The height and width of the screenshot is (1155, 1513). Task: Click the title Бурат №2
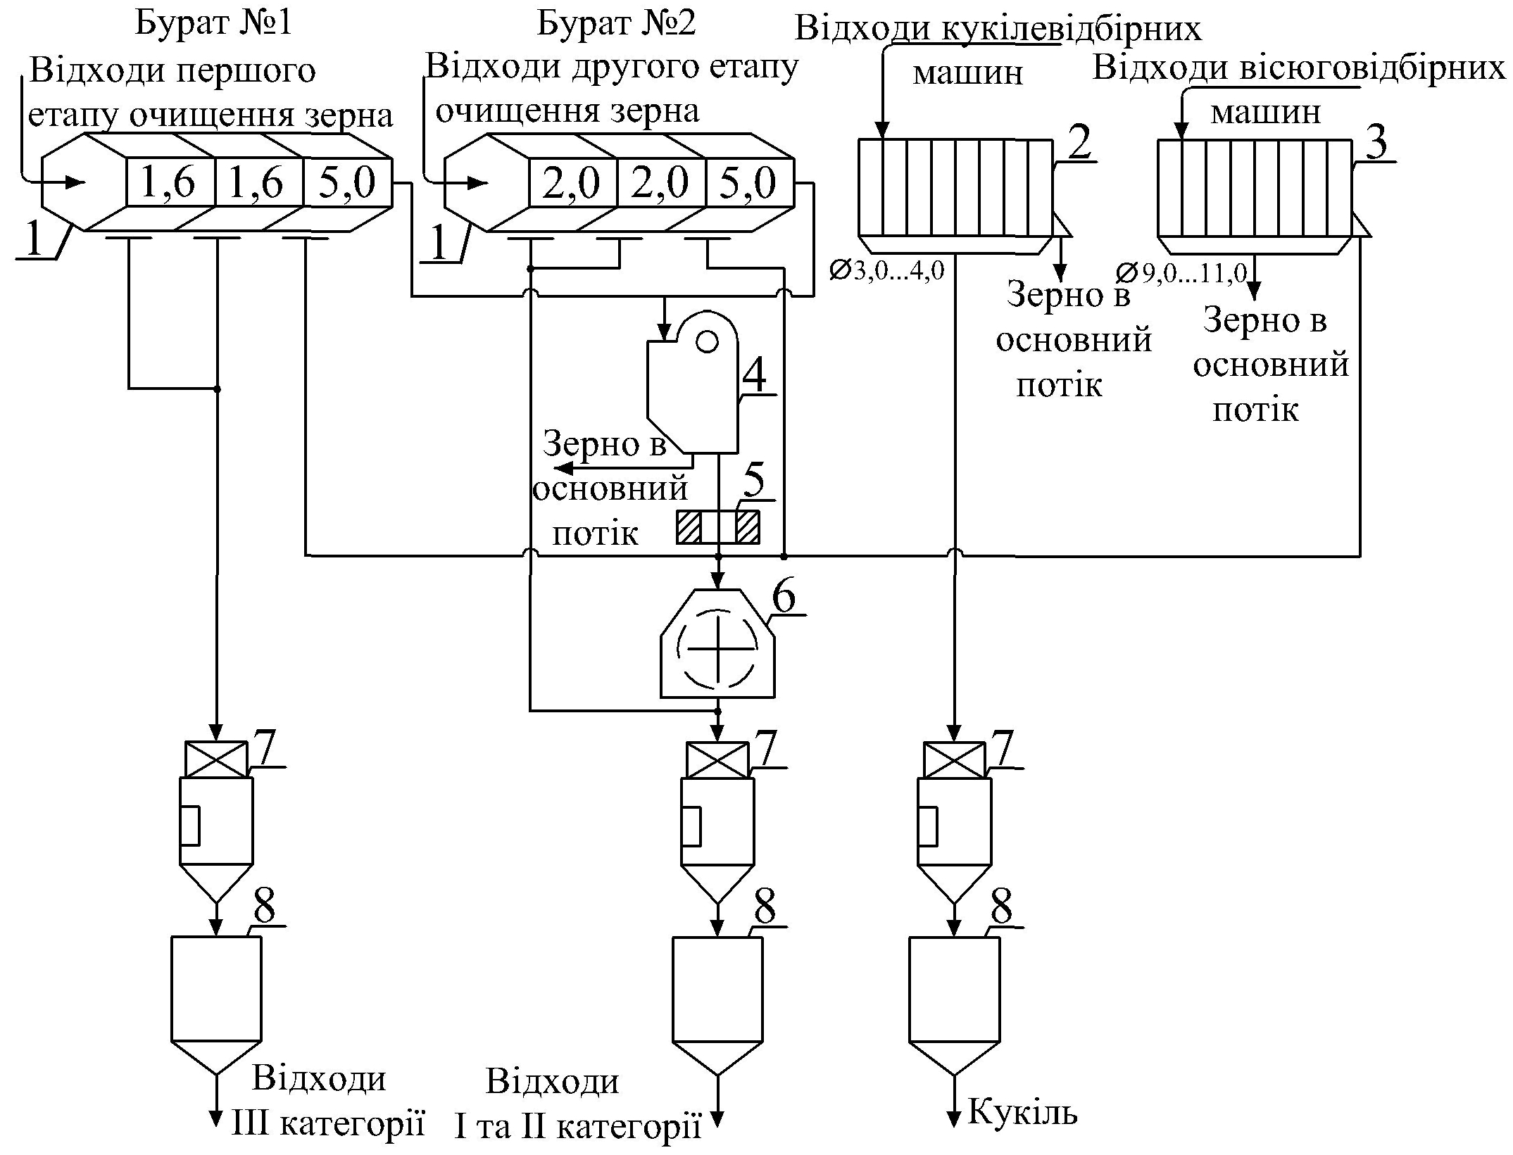coord(616,23)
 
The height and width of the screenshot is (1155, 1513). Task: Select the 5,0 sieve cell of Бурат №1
coord(347,183)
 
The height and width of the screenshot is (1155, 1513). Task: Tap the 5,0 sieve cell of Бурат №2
coord(749,183)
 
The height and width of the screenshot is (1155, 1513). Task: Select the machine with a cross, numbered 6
coord(717,643)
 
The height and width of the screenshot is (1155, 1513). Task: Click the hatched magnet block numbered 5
coord(718,526)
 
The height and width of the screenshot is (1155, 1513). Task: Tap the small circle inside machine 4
coord(707,342)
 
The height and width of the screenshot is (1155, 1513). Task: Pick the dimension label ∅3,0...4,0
coord(886,270)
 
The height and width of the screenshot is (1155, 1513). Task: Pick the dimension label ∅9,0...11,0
coord(1182,273)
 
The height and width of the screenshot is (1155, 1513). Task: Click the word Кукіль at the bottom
coord(1023,1112)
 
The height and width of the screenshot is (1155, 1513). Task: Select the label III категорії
coord(329,1124)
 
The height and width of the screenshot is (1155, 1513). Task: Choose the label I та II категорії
coord(577,1128)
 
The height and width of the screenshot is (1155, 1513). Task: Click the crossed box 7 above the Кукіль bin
coord(954,759)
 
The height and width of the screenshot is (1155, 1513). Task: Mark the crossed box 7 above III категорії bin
coord(216,759)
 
